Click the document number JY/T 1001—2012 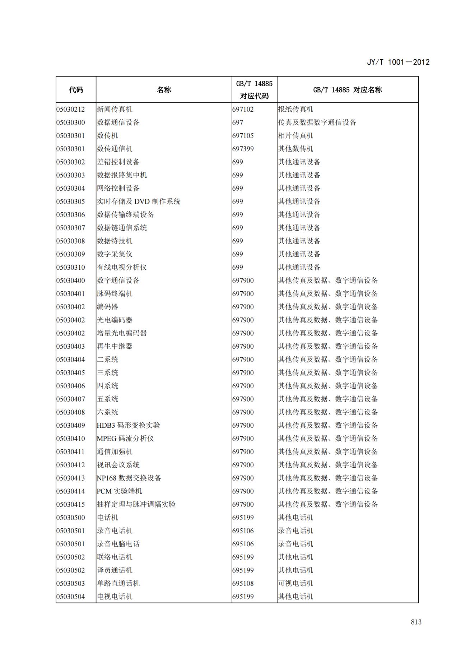click(398, 62)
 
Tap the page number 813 click(416, 622)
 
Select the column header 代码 click(76, 90)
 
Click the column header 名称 click(164, 90)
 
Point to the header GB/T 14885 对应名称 click(347, 90)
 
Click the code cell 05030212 click(71, 109)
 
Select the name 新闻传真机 click(115, 109)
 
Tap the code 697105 click(243, 136)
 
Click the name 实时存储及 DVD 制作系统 click(138, 201)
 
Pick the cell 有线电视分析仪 click(122, 267)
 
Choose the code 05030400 click(71, 281)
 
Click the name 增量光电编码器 click(122, 333)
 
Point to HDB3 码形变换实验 click(128, 425)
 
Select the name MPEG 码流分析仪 click(125, 439)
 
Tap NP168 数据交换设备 click(129, 478)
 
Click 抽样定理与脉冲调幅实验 click(136, 504)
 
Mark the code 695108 click(243, 583)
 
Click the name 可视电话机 click(295, 583)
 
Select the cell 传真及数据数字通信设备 click(317, 122)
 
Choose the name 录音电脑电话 click(118, 544)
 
